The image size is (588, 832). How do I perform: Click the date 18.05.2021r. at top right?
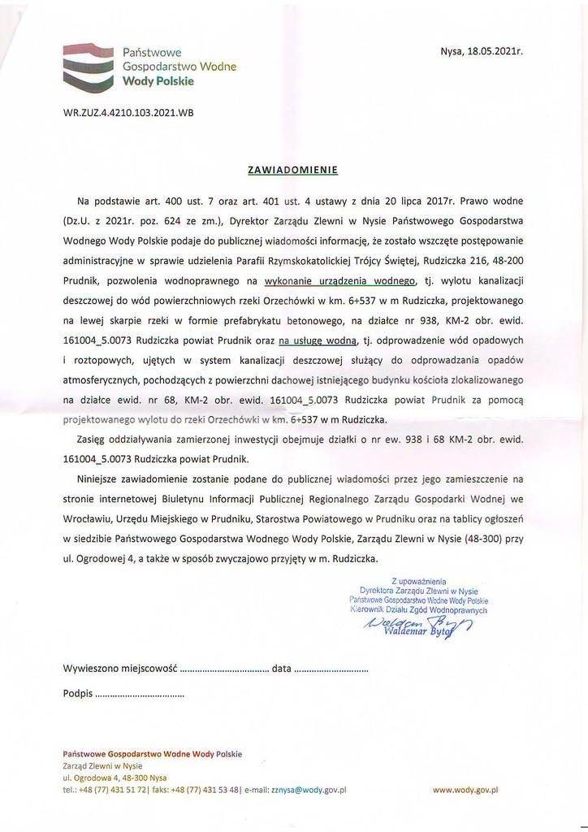[495, 50]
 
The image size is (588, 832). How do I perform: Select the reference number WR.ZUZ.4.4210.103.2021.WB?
[128, 113]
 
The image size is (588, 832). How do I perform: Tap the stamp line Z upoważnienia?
[419, 582]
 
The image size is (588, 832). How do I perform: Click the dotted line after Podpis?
[140, 695]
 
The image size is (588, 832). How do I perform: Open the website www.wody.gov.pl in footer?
[465, 789]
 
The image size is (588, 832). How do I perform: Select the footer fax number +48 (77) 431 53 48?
[203, 789]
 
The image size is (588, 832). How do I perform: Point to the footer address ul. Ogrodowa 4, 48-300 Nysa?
[115, 777]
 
